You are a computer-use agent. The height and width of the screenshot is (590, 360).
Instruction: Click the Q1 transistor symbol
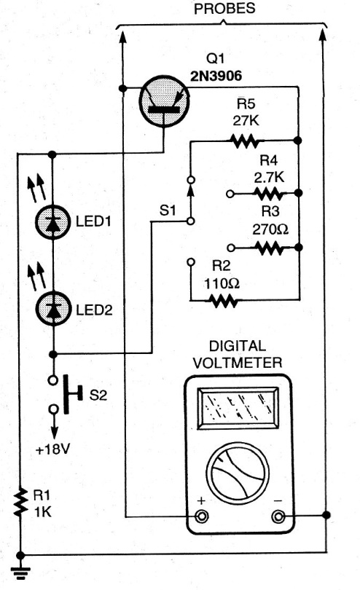tap(164, 101)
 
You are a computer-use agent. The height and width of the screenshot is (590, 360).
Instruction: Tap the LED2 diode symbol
tap(53, 309)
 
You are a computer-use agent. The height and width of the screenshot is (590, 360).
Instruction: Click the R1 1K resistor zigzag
tap(20, 502)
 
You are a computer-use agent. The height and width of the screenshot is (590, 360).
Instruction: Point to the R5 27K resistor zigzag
tap(244, 141)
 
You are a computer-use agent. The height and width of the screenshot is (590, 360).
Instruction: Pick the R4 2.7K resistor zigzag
tap(269, 194)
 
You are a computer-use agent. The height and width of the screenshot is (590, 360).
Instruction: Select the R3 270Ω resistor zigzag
tap(269, 248)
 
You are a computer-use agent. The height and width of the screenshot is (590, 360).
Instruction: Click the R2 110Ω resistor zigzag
tap(223, 301)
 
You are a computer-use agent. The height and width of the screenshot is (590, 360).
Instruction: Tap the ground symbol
tap(20, 573)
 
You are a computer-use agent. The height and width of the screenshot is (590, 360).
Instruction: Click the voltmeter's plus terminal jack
tap(201, 516)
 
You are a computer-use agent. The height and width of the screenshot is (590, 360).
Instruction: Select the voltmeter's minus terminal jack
tap(278, 516)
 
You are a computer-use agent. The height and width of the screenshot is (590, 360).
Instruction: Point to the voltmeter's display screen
tap(238, 408)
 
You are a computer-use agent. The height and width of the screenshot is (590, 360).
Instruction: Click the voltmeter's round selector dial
tap(238, 473)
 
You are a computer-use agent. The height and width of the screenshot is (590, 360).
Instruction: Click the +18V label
tap(52, 449)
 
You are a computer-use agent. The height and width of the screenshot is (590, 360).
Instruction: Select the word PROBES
tap(224, 8)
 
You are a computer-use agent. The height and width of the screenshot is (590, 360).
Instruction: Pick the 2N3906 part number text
tap(216, 76)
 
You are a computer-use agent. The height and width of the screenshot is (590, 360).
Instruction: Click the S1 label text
tap(168, 211)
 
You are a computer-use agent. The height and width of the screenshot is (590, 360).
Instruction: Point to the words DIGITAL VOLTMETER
tap(238, 355)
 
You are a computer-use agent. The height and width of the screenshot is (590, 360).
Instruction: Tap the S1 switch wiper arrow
tap(191, 201)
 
